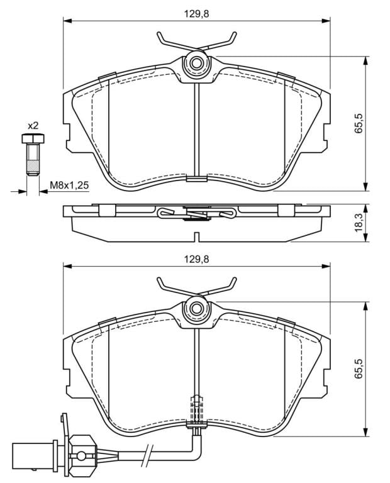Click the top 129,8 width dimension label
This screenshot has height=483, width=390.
click(x=196, y=14)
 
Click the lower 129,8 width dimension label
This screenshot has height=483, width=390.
click(x=196, y=259)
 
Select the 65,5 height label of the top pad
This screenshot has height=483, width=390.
click(x=359, y=123)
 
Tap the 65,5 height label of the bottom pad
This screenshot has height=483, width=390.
click(x=359, y=369)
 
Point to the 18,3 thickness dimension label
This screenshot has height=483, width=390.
click(x=359, y=223)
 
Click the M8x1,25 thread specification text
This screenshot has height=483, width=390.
click(x=70, y=185)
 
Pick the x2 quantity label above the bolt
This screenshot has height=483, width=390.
click(x=33, y=126)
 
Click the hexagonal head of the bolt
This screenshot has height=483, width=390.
click(x=33, y=138)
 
